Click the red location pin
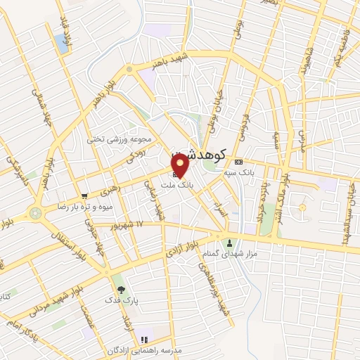pos(181,165)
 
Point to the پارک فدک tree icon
pos(120,289)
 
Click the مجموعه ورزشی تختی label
pos(116,139)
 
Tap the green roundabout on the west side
pos(34,212)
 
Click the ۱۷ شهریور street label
pos(129,224)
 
